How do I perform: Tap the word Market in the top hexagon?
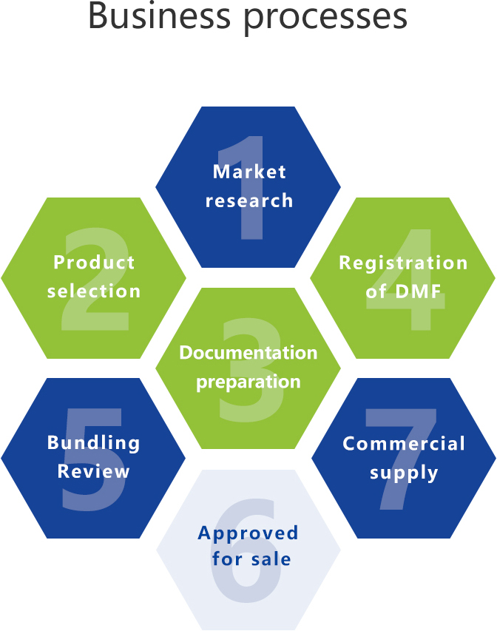coord(249,172)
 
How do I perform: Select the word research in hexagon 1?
coord(249,200)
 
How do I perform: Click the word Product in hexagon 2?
coord(94,262)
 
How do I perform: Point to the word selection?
coord(94,291)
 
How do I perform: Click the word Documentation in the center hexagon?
coord(248,352)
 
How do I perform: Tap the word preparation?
coord(248,382)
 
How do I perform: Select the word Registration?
coord(403,263)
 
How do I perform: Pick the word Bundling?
coord(94,442)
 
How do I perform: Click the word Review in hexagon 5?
coord(94,471)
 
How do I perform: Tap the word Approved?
coord(248,533)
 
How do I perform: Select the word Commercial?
coord(404,443)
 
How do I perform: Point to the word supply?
coord(404,473)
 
